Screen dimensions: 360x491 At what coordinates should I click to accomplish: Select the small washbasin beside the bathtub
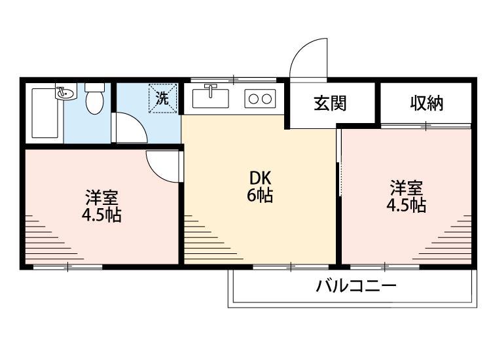point(64,94)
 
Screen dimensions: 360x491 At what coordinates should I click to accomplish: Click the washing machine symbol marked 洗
point(162,99)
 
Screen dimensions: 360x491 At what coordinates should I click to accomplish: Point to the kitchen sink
point(211,98)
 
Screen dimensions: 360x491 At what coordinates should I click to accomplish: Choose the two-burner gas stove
point(260,99)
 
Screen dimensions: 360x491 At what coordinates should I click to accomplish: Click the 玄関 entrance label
point(329,103)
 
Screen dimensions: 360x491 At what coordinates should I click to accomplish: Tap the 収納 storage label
point(427,103)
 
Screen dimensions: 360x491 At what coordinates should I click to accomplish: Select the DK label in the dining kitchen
point(260,178)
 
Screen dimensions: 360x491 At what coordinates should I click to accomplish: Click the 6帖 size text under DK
point(260,195)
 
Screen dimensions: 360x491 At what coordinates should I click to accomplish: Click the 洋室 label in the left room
point(101,197)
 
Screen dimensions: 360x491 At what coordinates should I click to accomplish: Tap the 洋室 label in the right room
point(407,188)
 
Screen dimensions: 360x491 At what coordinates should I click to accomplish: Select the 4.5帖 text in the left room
point(101,215)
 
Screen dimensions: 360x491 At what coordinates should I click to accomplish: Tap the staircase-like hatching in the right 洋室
point(452,239)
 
